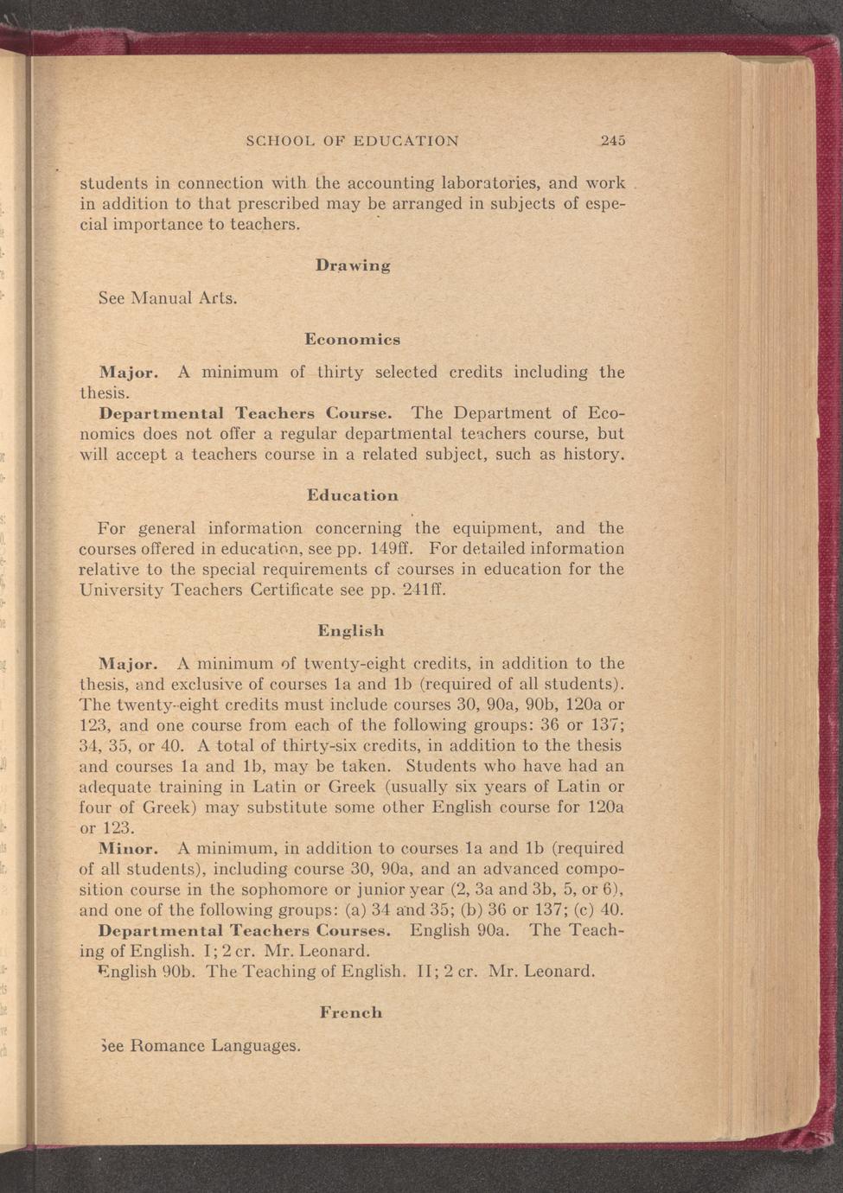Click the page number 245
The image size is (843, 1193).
[613, 141]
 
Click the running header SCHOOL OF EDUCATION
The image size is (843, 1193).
[352, 141]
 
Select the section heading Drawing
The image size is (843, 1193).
[353, 265]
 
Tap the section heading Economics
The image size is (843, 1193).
[352, 340]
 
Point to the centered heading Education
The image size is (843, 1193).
[353, 496]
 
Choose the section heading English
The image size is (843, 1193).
[350, 631]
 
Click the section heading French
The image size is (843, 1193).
[351, 1012]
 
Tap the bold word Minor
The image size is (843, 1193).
[127, 849]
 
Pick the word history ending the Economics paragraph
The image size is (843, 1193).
[592, 454]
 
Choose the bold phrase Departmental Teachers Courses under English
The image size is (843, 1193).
[246, 931]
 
